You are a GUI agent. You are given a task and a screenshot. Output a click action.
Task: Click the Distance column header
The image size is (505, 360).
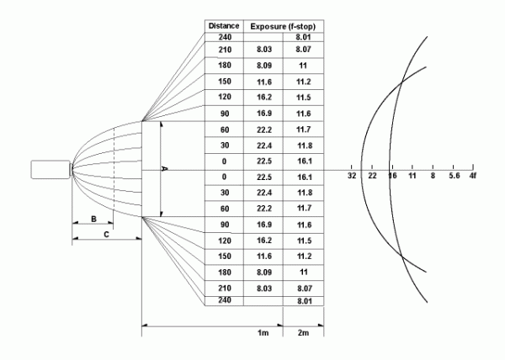pos(224,26)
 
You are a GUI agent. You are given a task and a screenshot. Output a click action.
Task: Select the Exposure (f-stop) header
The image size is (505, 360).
pos(283,26)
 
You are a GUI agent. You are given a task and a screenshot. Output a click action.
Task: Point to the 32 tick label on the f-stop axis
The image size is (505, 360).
pos(352,176)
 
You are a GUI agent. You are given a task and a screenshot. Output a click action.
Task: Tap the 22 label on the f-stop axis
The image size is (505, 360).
pos(372,176)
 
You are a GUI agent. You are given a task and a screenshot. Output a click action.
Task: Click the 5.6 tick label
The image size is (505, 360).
pos(454,176)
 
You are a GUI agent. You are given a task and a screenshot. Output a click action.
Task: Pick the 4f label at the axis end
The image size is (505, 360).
pos(472,176)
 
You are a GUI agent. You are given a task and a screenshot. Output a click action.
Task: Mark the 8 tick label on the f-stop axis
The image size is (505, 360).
pos(433,176)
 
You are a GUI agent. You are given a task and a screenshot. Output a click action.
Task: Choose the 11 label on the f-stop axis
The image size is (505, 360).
pos(412,176)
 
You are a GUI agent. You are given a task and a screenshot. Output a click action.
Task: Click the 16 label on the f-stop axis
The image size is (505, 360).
pos(392,176)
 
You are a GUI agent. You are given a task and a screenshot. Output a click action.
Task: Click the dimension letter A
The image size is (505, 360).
pos(164,168)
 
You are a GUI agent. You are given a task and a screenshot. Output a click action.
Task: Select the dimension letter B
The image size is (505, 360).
pos(93,219)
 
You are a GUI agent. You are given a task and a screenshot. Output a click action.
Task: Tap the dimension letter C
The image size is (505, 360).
pos(107,235)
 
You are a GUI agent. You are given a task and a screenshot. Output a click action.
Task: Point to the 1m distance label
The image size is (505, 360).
pos(263,332)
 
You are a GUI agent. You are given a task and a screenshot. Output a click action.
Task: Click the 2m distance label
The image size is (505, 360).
pos(303,332)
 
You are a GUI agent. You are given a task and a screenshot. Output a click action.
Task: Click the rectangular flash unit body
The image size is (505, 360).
pos(50,169)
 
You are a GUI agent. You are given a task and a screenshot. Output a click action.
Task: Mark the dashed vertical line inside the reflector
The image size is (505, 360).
pos(114,169)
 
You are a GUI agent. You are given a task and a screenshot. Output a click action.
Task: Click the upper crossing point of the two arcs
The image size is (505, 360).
pos(401,82)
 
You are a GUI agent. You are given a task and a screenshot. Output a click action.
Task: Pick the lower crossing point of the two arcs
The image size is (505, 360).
pos(401,256)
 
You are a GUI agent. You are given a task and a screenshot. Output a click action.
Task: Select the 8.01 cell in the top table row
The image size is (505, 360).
pos(303,37)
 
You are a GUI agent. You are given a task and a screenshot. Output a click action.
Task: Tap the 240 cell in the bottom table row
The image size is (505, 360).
pos(225,300)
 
